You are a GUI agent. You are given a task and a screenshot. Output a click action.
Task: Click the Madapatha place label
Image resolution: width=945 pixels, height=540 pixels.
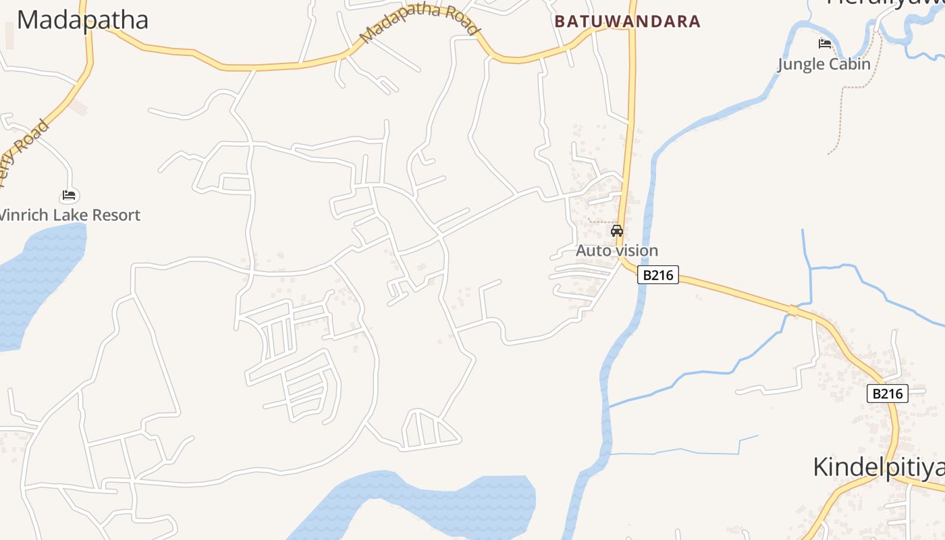82,20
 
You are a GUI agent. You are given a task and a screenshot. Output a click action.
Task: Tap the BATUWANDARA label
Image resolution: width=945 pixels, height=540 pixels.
628,22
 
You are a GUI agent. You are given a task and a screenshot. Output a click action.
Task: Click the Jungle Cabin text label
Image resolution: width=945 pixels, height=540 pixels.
823,65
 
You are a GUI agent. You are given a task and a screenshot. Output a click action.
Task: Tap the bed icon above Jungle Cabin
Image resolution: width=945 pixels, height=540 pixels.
824,45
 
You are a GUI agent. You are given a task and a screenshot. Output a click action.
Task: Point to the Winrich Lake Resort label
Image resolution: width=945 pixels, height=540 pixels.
69,215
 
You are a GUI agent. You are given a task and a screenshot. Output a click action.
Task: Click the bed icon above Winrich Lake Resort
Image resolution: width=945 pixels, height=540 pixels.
69,196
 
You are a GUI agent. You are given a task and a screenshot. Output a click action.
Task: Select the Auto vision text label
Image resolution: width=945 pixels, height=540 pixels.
616,250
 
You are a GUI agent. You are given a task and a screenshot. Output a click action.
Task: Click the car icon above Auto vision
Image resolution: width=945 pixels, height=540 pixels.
616,231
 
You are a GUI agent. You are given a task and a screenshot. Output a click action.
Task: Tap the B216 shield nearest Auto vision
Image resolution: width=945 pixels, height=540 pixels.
657,275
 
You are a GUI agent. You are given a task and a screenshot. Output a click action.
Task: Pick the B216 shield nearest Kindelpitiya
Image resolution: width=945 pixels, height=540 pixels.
887,394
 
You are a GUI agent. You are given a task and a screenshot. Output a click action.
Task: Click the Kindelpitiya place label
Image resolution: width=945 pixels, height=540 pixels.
878,467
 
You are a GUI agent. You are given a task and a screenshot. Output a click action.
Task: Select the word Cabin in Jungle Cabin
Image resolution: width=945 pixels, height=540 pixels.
850,65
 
